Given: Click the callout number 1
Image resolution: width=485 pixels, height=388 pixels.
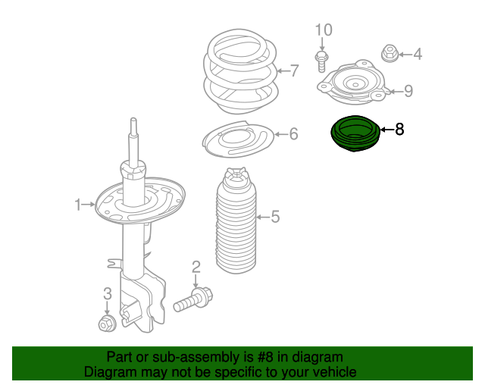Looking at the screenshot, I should tap(77, 204).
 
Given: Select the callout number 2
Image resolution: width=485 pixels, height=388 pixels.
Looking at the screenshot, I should tap(196, 266).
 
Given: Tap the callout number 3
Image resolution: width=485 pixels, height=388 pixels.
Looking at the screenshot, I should tap(107, 293).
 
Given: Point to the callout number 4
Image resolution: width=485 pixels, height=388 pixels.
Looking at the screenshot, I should tap(417, 54).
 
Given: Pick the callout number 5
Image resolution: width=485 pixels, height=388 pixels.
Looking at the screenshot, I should tap(275, 217).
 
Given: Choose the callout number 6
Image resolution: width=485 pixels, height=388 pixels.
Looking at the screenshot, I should tap(293, 134).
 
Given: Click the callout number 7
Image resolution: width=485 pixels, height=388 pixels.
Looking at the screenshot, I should tap(295, 71).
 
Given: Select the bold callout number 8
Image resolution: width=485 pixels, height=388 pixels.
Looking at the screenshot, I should tap(399, 130).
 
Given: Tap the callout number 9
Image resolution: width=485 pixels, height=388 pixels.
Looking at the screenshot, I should tap(408, 92).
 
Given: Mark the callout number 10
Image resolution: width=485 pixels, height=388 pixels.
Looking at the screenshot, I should tap(324, 30).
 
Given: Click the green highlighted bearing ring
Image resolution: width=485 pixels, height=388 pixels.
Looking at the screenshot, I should tap(353, 134).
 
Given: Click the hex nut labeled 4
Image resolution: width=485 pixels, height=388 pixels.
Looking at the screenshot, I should tap(389, 54).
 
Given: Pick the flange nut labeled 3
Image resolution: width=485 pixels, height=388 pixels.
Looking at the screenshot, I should tap(107, 324).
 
